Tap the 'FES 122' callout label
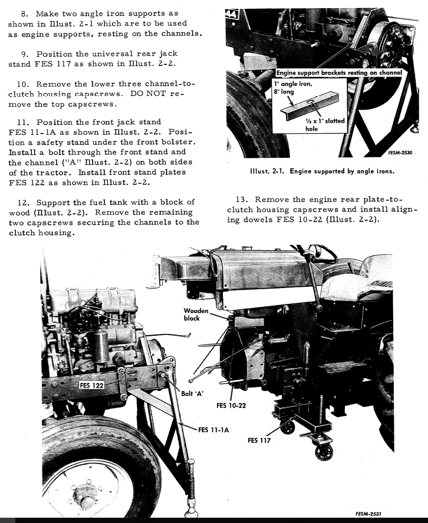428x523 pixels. [x=91, y=385]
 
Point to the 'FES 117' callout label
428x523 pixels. [x=259, y=440]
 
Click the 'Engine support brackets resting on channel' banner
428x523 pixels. [x=339, y=73]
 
